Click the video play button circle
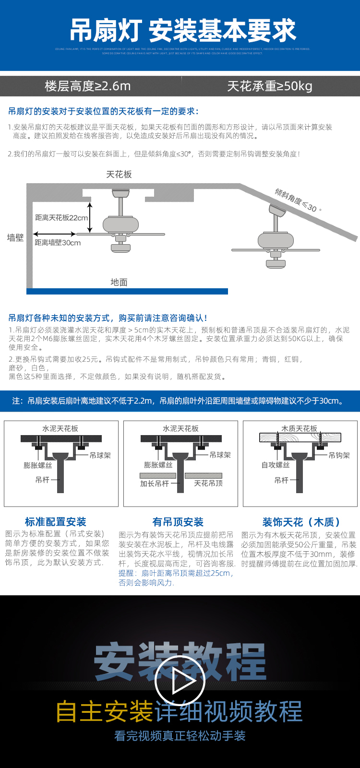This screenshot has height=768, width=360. [180, 681]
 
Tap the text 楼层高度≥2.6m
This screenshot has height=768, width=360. [87, 86]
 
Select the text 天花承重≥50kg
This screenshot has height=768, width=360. [269, 86]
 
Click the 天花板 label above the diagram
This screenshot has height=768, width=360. [119, 175]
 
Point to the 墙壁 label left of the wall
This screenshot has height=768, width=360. [15, 237]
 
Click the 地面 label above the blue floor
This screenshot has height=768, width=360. [119, 282]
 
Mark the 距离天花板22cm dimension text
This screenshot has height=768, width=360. [61, 218]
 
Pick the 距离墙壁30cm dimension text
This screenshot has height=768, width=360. [58, 243]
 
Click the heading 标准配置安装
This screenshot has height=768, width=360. [55, 522]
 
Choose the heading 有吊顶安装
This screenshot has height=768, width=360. [178, 522]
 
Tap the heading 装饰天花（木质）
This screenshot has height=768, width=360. [301, 522]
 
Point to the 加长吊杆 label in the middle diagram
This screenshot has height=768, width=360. [154, 484]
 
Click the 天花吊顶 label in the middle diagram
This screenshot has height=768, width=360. [208, 484]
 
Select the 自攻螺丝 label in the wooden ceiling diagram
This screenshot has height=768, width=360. [275, 465]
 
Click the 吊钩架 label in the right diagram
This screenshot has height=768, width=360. [339, 455]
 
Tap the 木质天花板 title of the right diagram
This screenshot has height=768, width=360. [299, 428]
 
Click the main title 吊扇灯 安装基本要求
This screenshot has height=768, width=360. [183, 31]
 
